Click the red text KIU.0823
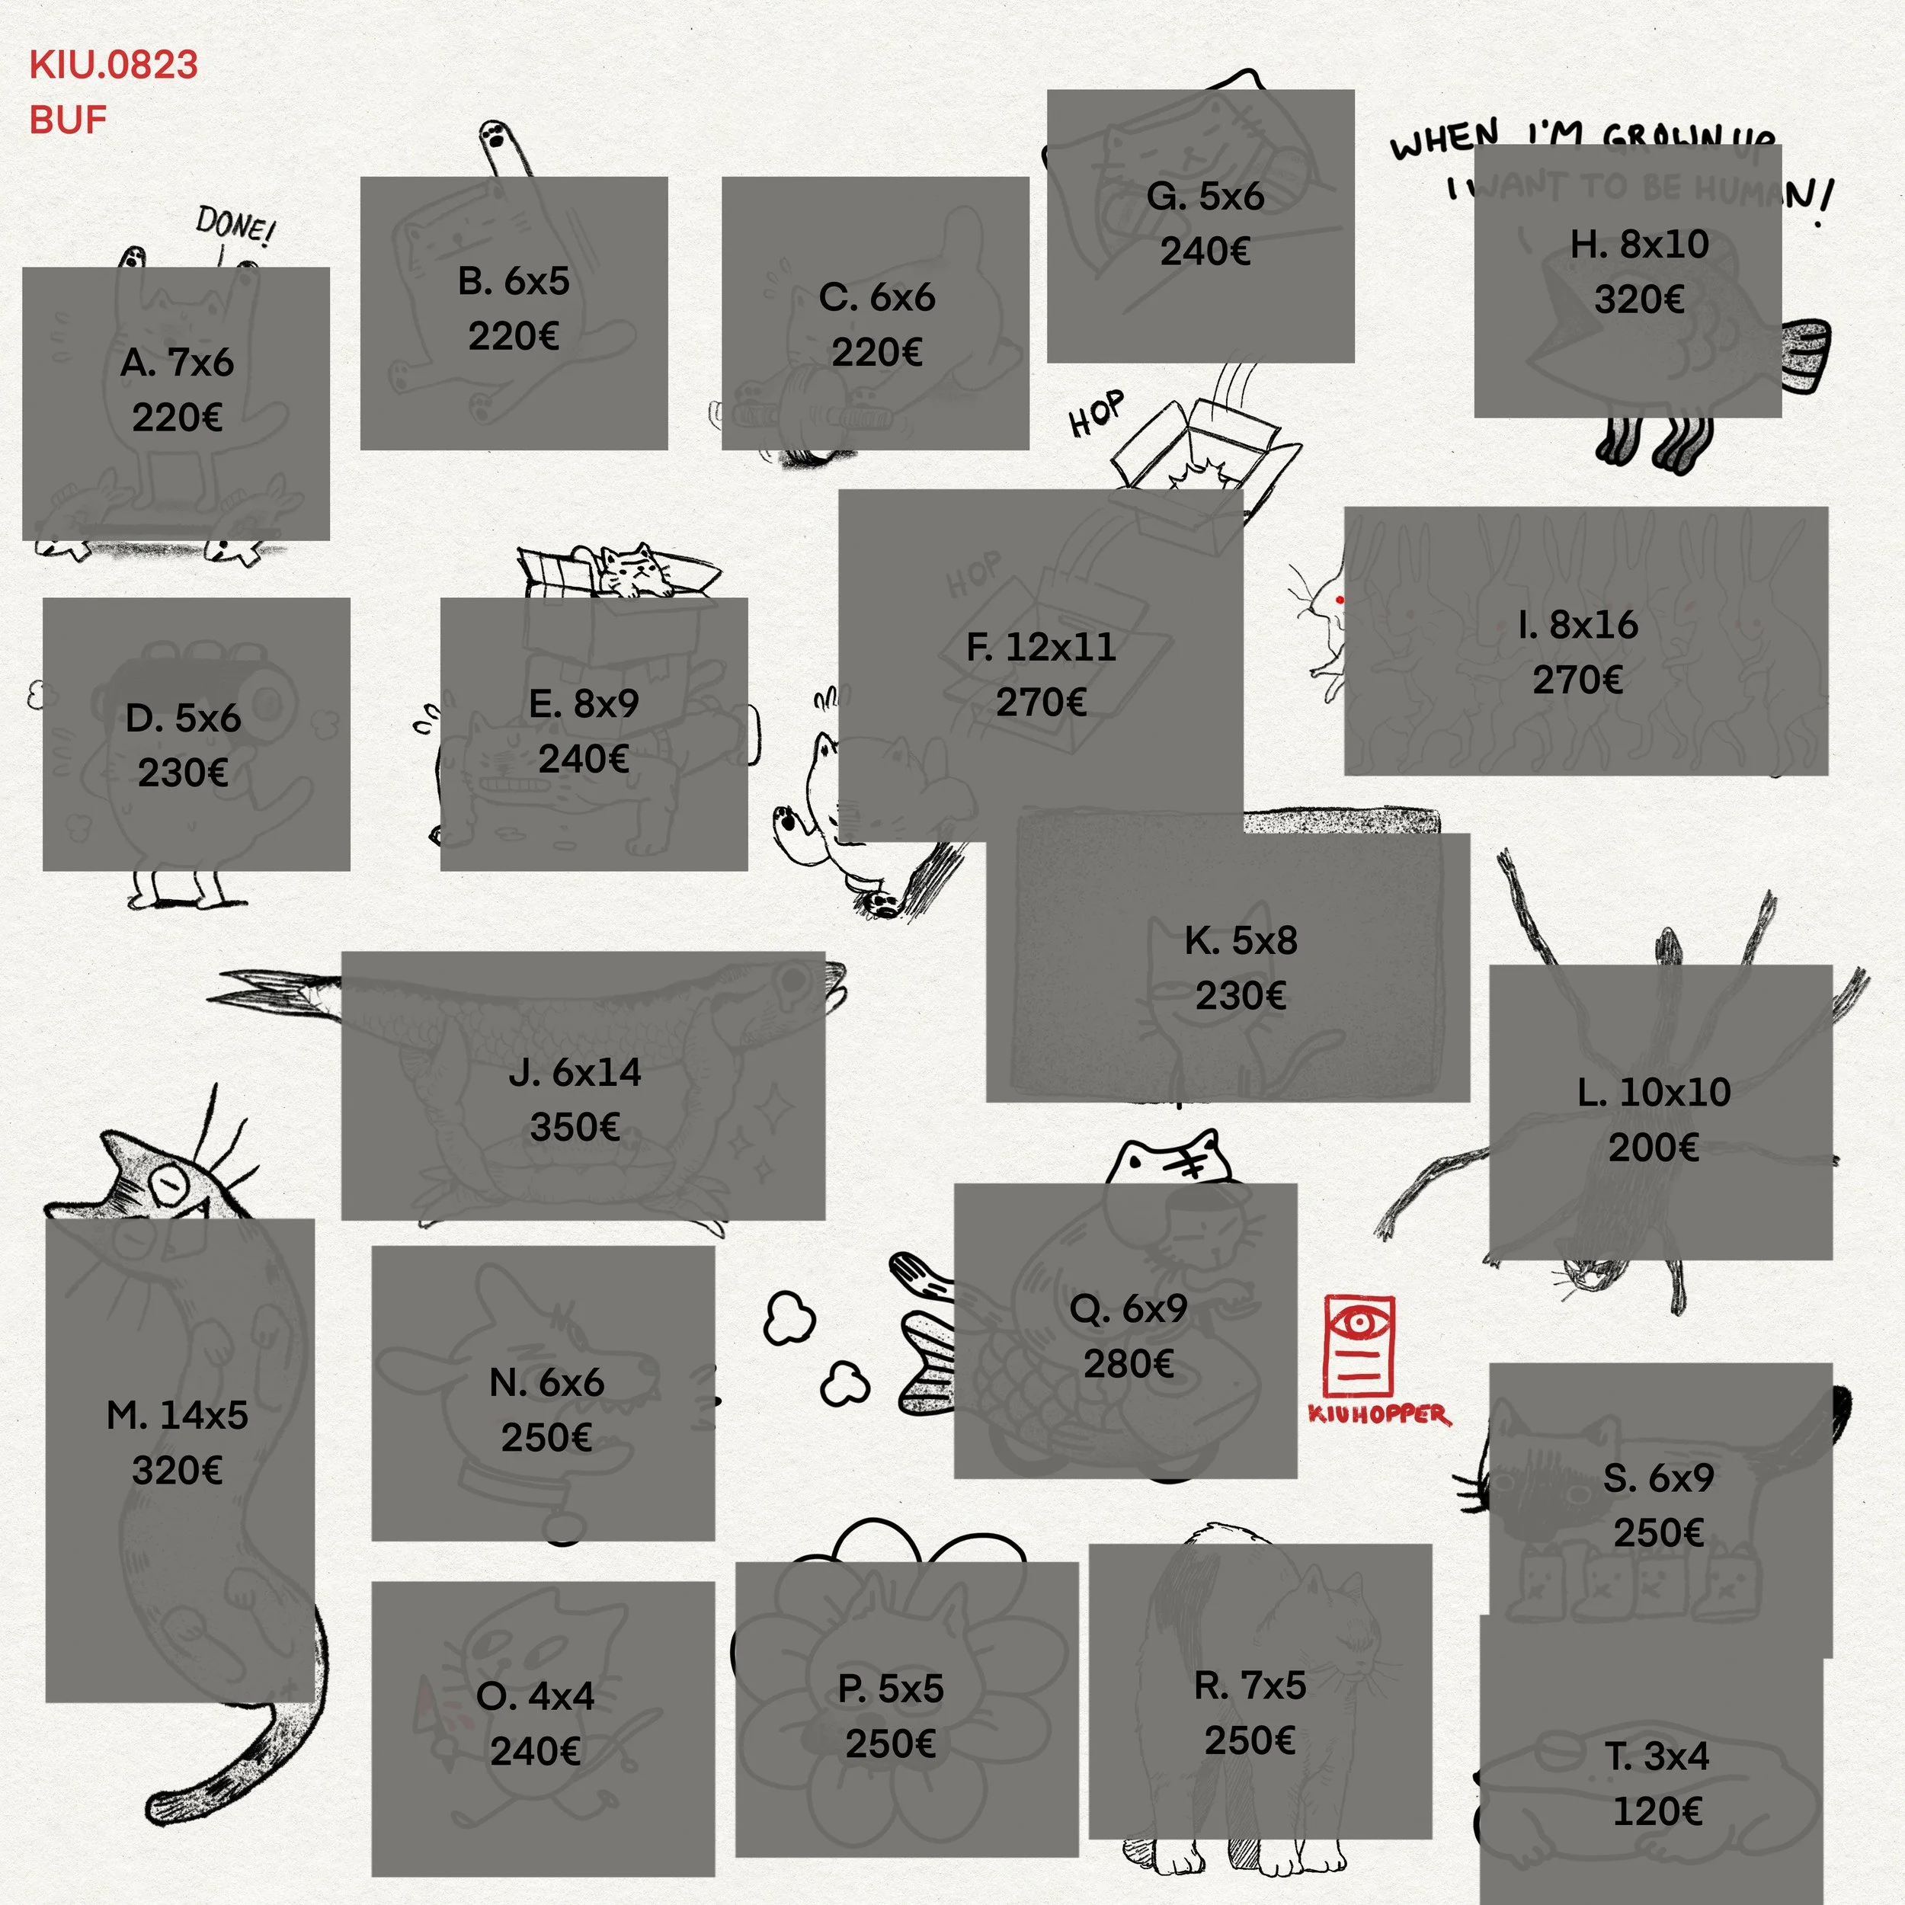pos(114,65)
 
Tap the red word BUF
pos(68,120)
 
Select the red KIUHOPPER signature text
pos(1378,1414)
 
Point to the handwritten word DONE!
pos(235,226)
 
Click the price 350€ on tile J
pos(575,1127)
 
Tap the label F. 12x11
pos(1040,647)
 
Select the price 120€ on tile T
pos(1657,1811)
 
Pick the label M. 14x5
pos(178,1415)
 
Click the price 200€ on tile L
pos(1654,1147)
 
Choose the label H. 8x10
pos(1639,244)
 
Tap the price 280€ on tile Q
pos(1128,1364)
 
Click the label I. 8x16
pos(1577,624)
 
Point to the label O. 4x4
pos(536,1696)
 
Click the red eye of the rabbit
pos(1339,600)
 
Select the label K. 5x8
pos(1241,940)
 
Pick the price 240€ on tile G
pos(1205,251)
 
